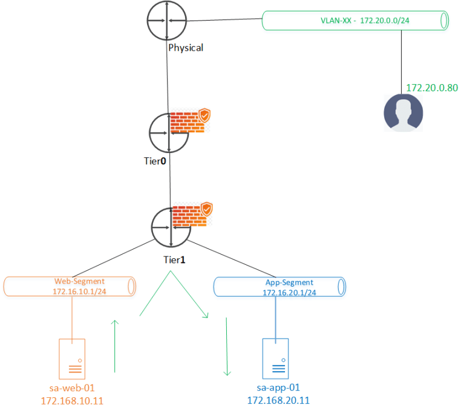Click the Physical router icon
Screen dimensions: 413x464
point(166,21)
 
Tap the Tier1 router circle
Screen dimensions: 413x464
point(171,227)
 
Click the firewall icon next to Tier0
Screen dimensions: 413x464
point(191,121)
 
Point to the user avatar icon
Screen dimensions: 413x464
point(404,112)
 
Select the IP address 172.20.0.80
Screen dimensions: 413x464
point(431,88)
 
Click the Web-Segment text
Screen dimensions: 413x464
point(80,281)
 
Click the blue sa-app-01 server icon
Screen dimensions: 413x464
point(276,357)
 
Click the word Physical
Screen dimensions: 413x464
point(186,47)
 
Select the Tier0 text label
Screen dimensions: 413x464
point(152,160)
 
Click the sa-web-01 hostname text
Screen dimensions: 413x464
point(71,387)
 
